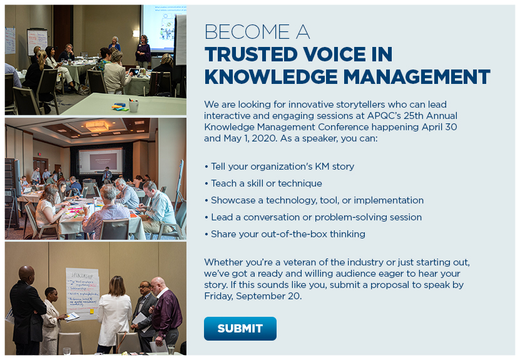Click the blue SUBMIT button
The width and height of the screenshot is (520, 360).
240,329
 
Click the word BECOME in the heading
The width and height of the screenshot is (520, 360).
247,32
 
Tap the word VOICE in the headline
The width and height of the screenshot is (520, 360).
334,54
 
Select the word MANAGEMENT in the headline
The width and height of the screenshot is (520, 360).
417,77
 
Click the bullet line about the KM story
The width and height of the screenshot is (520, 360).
279,167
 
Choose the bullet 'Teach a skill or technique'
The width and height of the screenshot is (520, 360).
263,183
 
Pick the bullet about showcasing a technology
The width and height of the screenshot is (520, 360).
314,200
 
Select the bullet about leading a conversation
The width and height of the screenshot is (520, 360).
313,217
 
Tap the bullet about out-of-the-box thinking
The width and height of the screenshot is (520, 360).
285,234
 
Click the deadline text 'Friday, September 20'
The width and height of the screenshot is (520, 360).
252,296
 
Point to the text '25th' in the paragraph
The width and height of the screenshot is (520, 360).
413,115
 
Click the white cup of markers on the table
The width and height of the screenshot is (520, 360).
134,106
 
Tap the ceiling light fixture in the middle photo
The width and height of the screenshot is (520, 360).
97,126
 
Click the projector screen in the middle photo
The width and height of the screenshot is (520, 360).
101,160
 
